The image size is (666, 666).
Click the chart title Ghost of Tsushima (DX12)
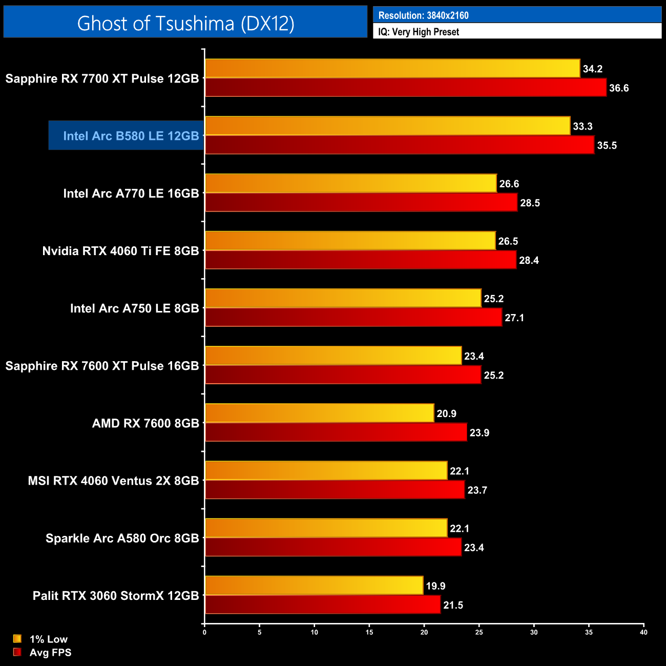(x=185, y=23)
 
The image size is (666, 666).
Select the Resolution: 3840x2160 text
(x=423, y=15)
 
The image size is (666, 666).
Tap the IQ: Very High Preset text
(x=419, y=32)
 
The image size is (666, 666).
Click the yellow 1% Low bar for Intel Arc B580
(x=387, y=126)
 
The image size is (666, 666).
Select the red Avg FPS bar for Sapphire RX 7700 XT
(x=406, y=88)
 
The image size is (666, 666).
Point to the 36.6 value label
(x=619, y=88)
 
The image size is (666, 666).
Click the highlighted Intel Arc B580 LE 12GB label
(x=131, y=136)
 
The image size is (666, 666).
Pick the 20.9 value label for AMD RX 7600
(x=446, y=413)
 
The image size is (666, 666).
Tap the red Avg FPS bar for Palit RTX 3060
(x=323, y=605)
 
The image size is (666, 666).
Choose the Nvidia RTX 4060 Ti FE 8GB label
(x=120, y=251)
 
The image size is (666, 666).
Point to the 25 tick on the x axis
(x=479, y=632)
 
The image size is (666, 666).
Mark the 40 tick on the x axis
(x=643, y=632)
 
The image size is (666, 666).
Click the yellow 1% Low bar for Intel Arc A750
(x=343, y=298)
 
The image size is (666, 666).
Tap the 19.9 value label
(x=435, y=586)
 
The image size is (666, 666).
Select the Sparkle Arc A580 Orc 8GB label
(x=122, y=538)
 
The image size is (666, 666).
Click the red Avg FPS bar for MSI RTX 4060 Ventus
(x=335, y=490)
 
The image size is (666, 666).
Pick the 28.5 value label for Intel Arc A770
(x=530, y=203)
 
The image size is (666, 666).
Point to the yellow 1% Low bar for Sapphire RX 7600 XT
(x=333, y=356)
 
